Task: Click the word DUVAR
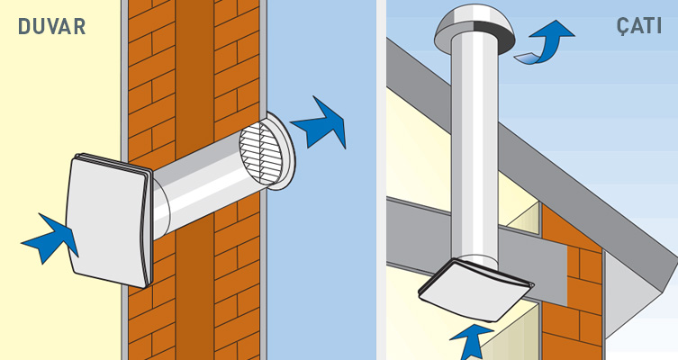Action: pyautogui.click(x=52, y=27)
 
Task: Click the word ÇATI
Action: pyautogui.click(x=639, y=26)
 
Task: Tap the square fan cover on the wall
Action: pyautogui.click(x=109, y=220)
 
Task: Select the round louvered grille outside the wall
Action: pyautogui.click(x=261, y=152)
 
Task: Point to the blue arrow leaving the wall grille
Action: pyautogui.click(x=321, y=124)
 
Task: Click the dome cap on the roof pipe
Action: pyautogui.click(x=475, y=27)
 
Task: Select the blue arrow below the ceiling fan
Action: pyautogui.click(x=471, y=341)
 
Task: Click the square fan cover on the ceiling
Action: pyautogui.click(x=475, y=290)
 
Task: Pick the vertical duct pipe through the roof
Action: pyautogui.click(x=475, y=151)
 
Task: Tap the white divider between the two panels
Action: pyautogui.click(x=381, y=180)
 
